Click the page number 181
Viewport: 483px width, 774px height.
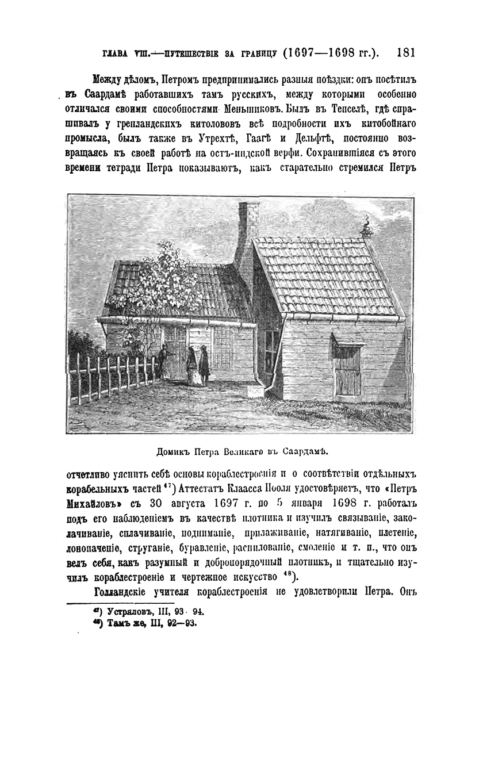click(406, 53)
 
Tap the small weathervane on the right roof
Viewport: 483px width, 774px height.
click(366, 227)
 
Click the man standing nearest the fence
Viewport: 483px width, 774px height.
click(163, 361)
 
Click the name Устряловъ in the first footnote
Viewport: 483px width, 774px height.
click(134, 611)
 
